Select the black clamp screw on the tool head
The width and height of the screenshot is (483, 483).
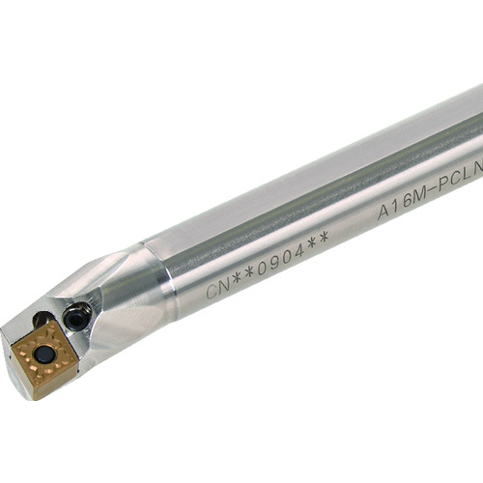tap(76, 315)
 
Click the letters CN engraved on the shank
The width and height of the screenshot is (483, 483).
tap(218, 287)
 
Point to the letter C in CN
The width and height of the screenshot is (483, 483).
tap(213, 291)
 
